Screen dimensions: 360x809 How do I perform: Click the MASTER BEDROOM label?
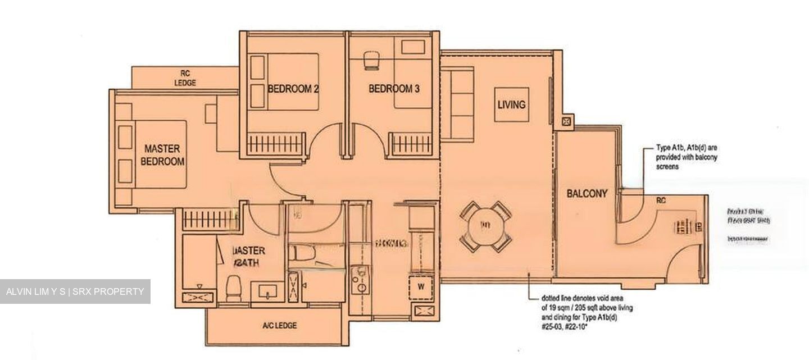click(x=162, y=155)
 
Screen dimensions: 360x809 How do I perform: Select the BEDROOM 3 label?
click(x=394, y=89)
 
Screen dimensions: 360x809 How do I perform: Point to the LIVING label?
click(x=511, y=104)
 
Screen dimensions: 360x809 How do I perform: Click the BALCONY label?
click(x=587, y=194)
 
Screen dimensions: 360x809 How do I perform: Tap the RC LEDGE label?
click(x=185, y=78)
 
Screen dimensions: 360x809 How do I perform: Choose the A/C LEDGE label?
click(x=279, y=325)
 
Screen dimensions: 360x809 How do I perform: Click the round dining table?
click(x=486, y=226)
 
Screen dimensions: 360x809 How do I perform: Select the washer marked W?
click(x=421, y=286)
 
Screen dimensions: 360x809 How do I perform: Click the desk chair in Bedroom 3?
click(x=371, y=60)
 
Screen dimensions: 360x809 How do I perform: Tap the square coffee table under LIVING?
click(x=511, y=104)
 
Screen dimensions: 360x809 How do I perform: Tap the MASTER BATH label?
click(x=248, y=257)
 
